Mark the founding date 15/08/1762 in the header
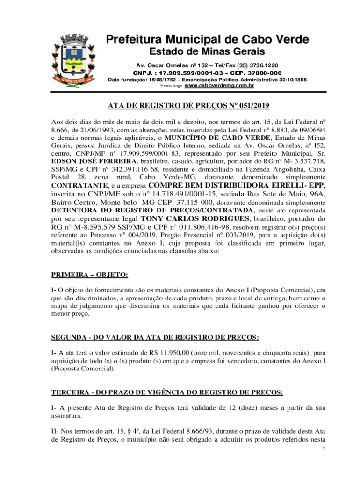[164, 80]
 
